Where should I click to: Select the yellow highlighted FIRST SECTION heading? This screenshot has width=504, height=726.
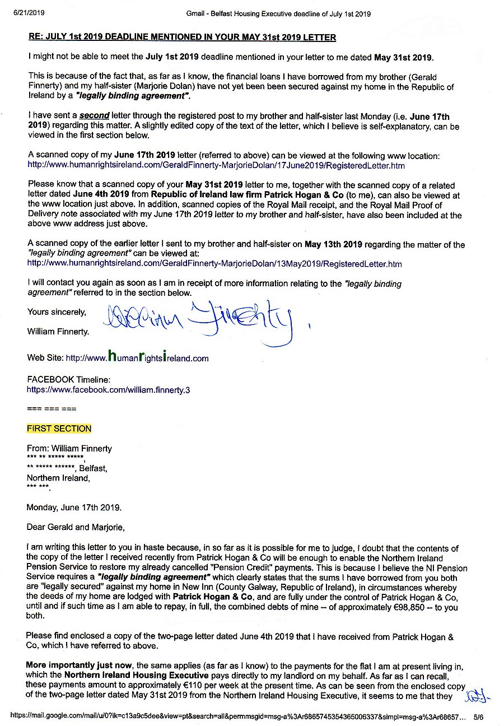point(59,429)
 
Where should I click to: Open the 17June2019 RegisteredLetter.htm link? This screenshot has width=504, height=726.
point(216,166)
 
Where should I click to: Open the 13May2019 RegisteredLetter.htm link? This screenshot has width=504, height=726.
point(214,263)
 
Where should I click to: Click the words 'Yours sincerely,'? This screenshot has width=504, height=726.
point(57,312)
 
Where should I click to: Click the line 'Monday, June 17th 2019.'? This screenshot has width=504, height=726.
point(74,508)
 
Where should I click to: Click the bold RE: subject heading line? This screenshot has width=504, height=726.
point(182,38)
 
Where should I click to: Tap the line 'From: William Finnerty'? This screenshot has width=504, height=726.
point(69,448)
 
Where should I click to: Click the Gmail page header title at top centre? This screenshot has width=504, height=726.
point(278,13)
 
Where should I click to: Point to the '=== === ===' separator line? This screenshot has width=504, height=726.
point(52,408)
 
